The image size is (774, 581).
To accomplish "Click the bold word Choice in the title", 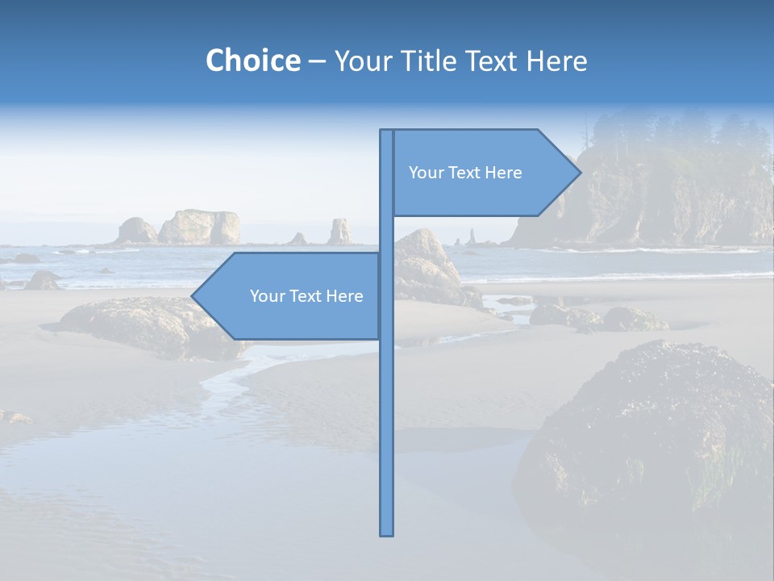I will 252,61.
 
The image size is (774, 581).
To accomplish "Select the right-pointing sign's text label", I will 465,173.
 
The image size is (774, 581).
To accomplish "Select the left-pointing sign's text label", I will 306,296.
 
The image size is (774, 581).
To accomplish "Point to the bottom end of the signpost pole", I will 387,533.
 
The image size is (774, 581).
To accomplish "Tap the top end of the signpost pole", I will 387,132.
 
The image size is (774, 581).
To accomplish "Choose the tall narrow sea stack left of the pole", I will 340,232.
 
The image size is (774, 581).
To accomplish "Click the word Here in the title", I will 557,61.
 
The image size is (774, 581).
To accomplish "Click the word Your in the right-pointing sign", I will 426,173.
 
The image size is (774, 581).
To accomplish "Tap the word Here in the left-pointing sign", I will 344,296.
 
